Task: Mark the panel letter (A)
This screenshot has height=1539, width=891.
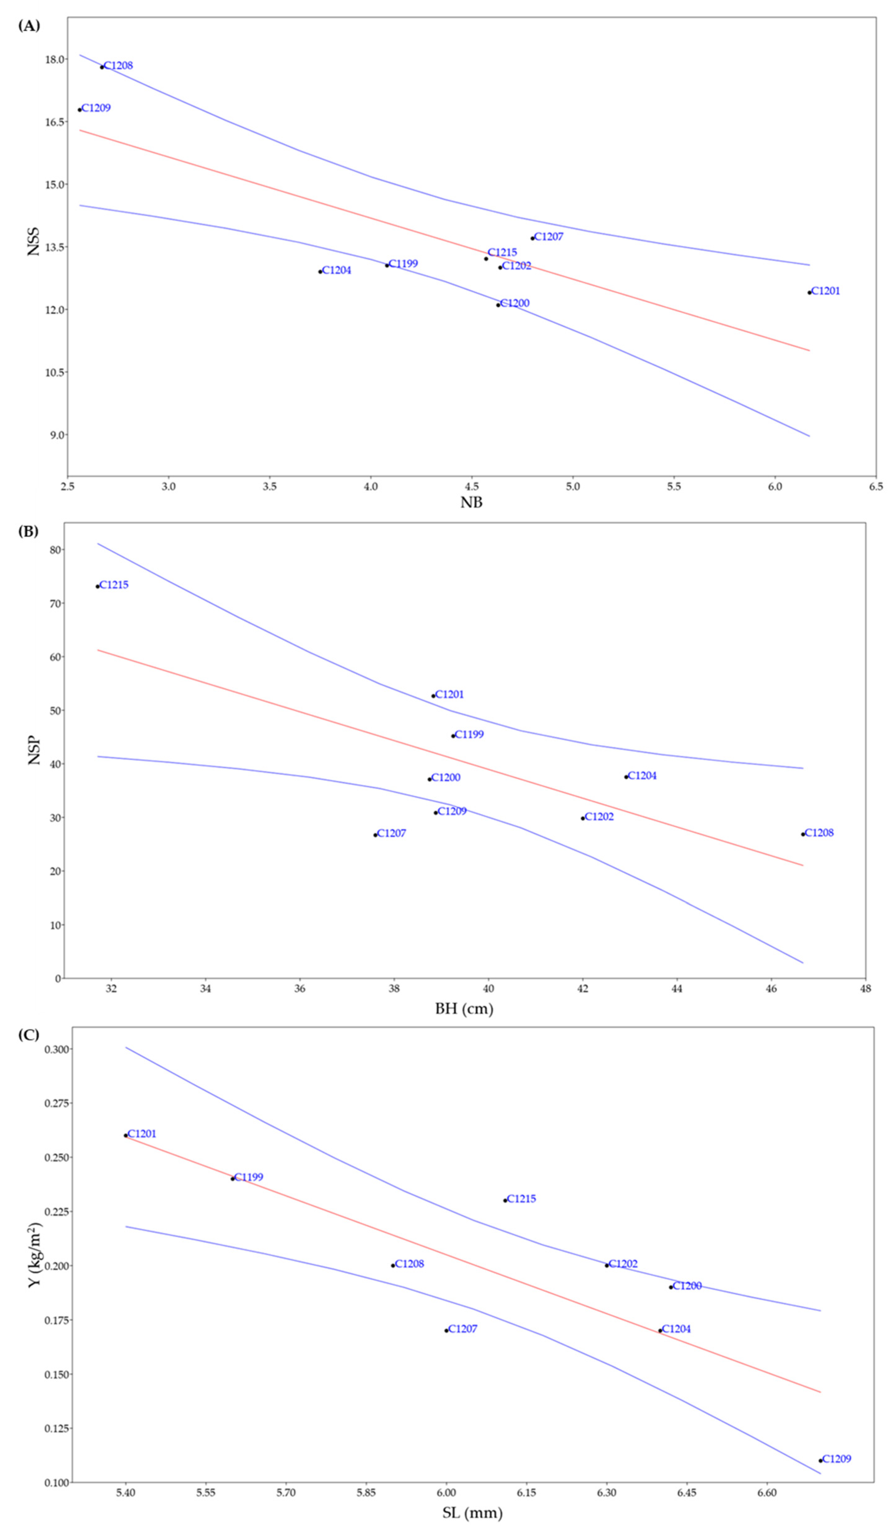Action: click(x=29, y=26)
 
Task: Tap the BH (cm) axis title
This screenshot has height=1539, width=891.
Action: click(x=464, y=1008)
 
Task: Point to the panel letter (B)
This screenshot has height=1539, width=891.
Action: click(x=29, y=531)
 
